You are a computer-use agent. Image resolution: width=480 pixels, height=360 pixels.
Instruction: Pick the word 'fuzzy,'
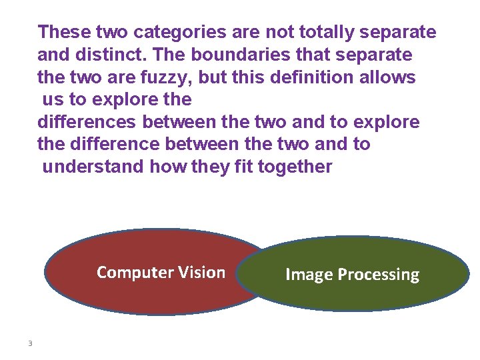pos(166,77)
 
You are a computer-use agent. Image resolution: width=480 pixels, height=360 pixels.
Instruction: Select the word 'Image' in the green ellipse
pos(308,275)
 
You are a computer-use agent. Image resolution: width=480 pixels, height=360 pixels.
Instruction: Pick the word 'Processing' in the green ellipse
pos(378,275)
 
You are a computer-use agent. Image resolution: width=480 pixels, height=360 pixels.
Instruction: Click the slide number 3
pos(30,343)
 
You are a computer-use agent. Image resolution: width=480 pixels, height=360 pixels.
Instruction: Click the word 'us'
pos(51,100)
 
